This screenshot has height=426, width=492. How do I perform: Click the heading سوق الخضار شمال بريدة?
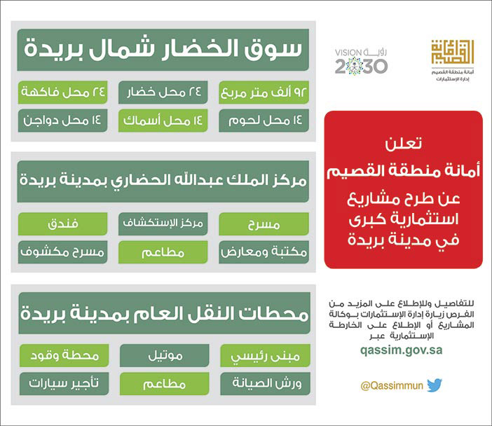point(163,49)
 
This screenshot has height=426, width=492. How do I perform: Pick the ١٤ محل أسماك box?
point(163,121)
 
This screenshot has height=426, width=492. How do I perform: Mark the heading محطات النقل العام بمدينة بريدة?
point(163,312)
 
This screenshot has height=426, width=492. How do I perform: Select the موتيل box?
point(163,355)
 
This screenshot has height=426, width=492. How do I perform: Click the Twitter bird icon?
point(435,385)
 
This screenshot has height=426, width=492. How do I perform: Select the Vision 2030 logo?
point(361,62)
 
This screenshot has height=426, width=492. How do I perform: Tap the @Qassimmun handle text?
point(391,386)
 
